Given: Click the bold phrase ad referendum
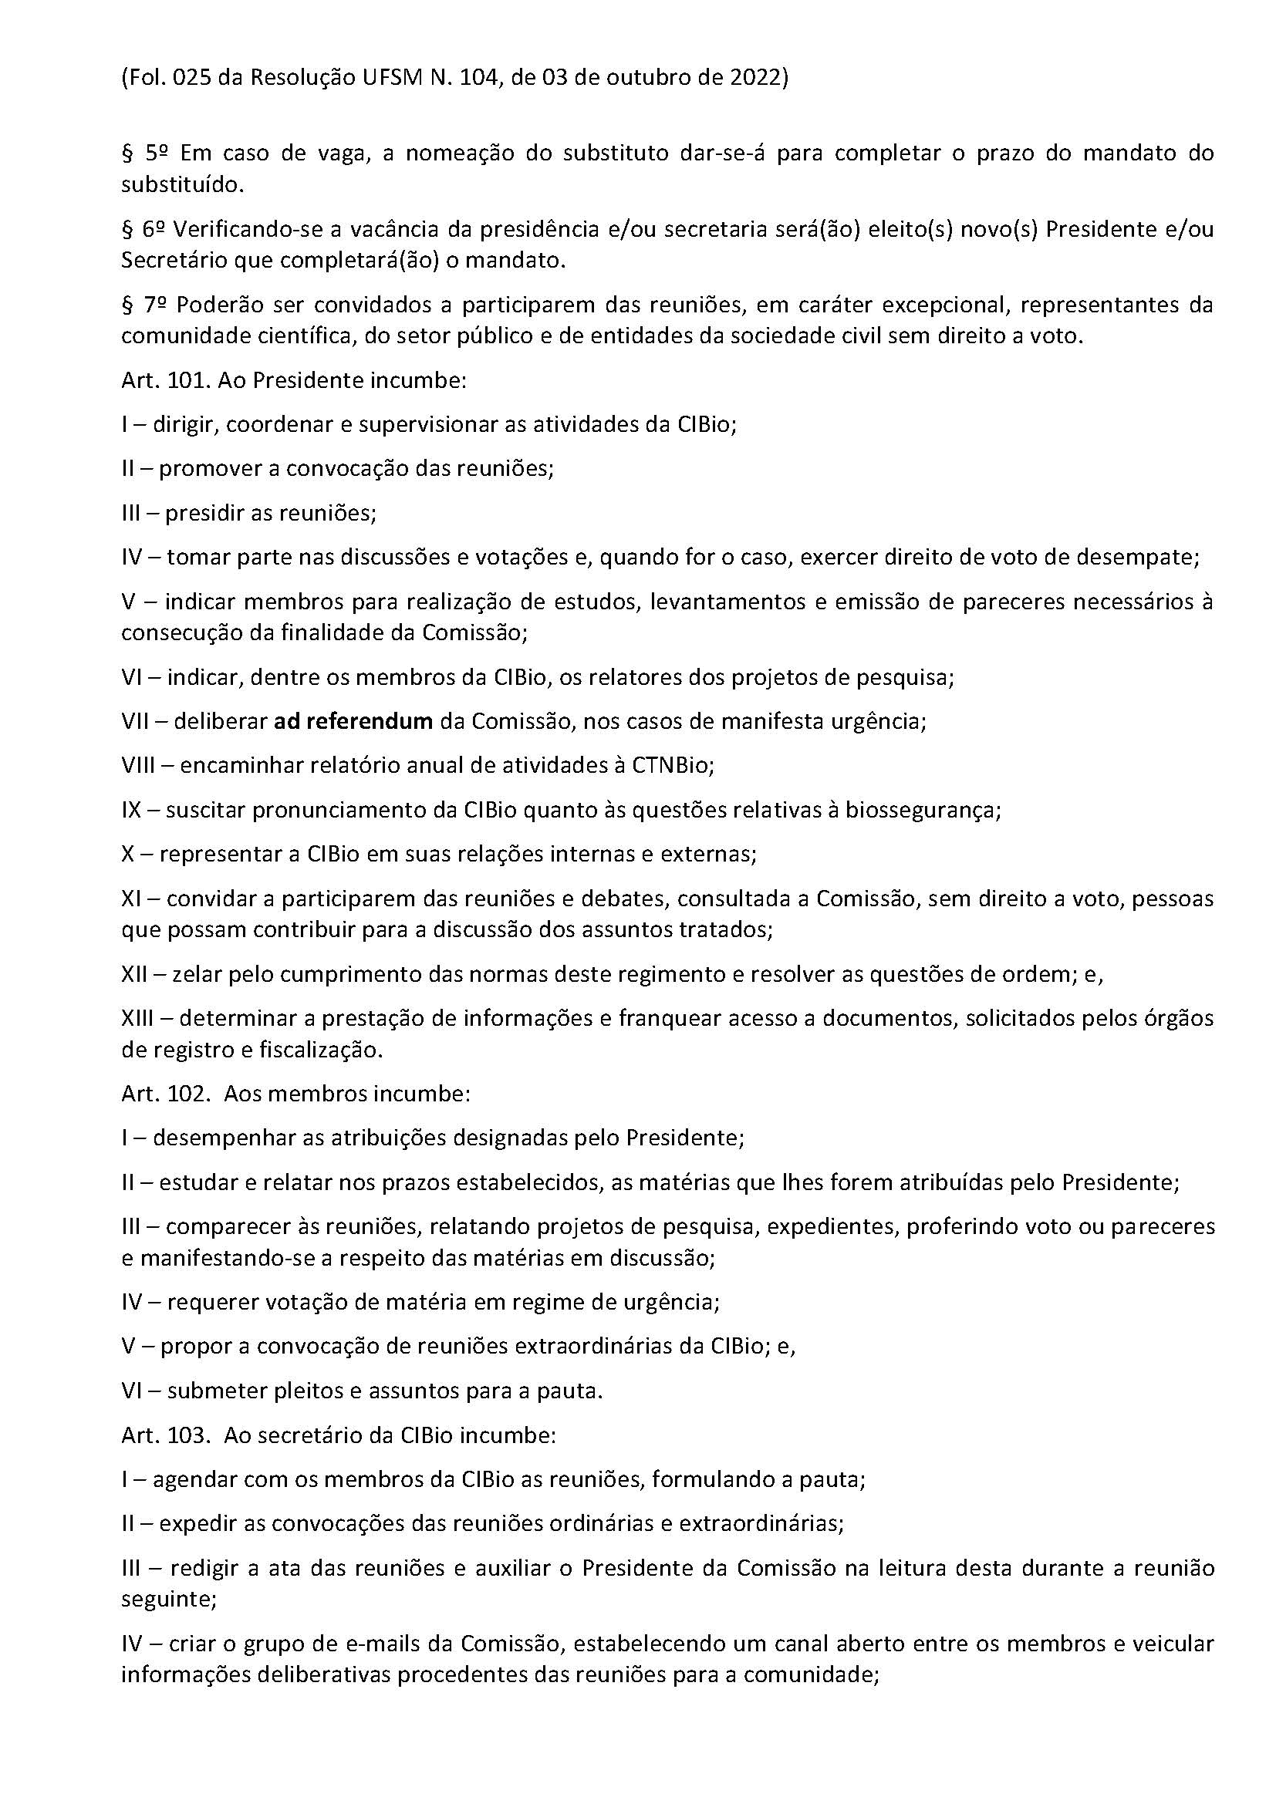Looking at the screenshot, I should [x=353, y=721].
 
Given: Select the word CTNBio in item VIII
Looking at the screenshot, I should [x=672, y=765].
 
